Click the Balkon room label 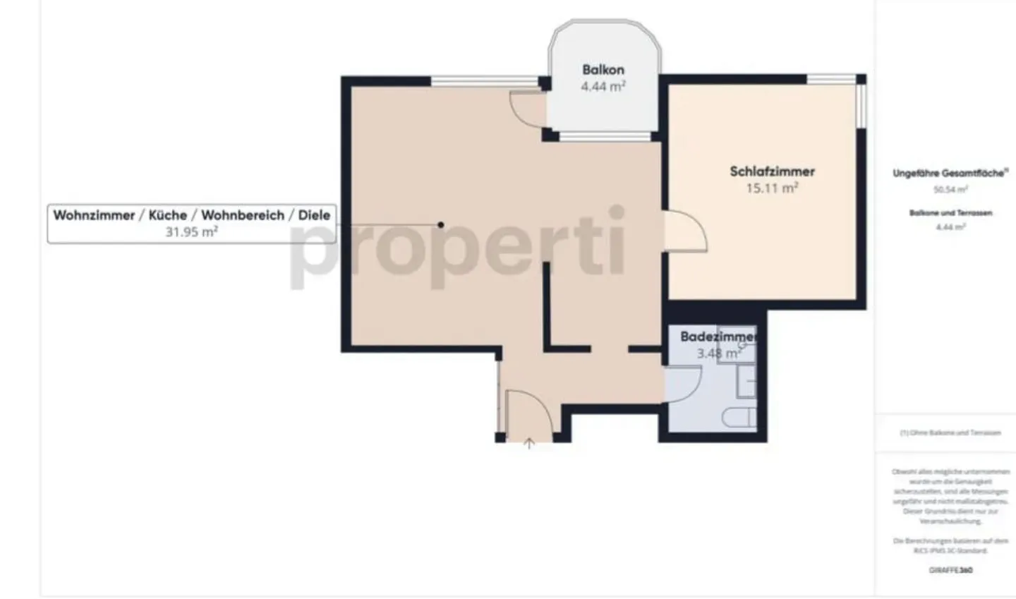603,70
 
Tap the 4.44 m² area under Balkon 603,86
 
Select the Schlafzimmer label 772,171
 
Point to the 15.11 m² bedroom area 772,188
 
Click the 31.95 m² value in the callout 191,231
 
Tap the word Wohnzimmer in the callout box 94,215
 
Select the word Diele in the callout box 314,215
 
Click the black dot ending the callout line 441,225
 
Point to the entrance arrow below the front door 529,444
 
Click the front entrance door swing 528,409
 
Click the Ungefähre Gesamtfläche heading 950,173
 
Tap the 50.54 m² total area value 950,189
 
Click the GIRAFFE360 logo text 950,569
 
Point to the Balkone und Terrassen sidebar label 950,212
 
